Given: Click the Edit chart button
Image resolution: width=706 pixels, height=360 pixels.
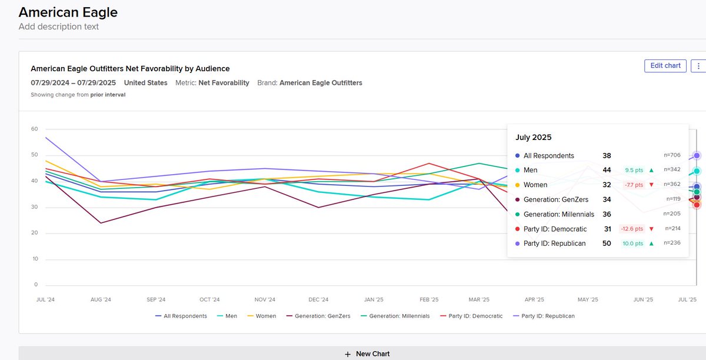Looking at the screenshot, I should (665, 65).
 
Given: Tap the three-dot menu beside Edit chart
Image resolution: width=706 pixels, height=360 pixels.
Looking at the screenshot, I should (698, 65).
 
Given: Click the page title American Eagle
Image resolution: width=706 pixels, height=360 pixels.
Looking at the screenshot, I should (68, 12).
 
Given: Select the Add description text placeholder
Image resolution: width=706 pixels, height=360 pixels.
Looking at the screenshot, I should (59, 26).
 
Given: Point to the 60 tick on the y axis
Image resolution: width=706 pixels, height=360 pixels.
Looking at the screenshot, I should (34, 129).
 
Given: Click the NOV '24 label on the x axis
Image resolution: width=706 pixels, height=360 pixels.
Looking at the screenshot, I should (263, 299).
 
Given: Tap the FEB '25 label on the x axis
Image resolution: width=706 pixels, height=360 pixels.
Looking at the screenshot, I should (429, 299).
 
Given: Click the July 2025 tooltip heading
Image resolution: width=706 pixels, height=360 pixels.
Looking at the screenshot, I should (534, 138).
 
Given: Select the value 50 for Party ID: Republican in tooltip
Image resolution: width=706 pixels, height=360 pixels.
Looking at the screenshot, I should (607, 244).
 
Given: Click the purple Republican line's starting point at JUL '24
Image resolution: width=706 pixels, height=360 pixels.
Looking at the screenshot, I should (45, 137).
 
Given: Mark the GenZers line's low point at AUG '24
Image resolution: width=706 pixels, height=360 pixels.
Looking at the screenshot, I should (100, 223).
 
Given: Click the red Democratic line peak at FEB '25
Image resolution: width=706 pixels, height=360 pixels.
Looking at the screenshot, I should (429, 164).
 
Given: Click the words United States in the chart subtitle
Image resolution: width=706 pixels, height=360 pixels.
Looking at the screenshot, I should (145, 83).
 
